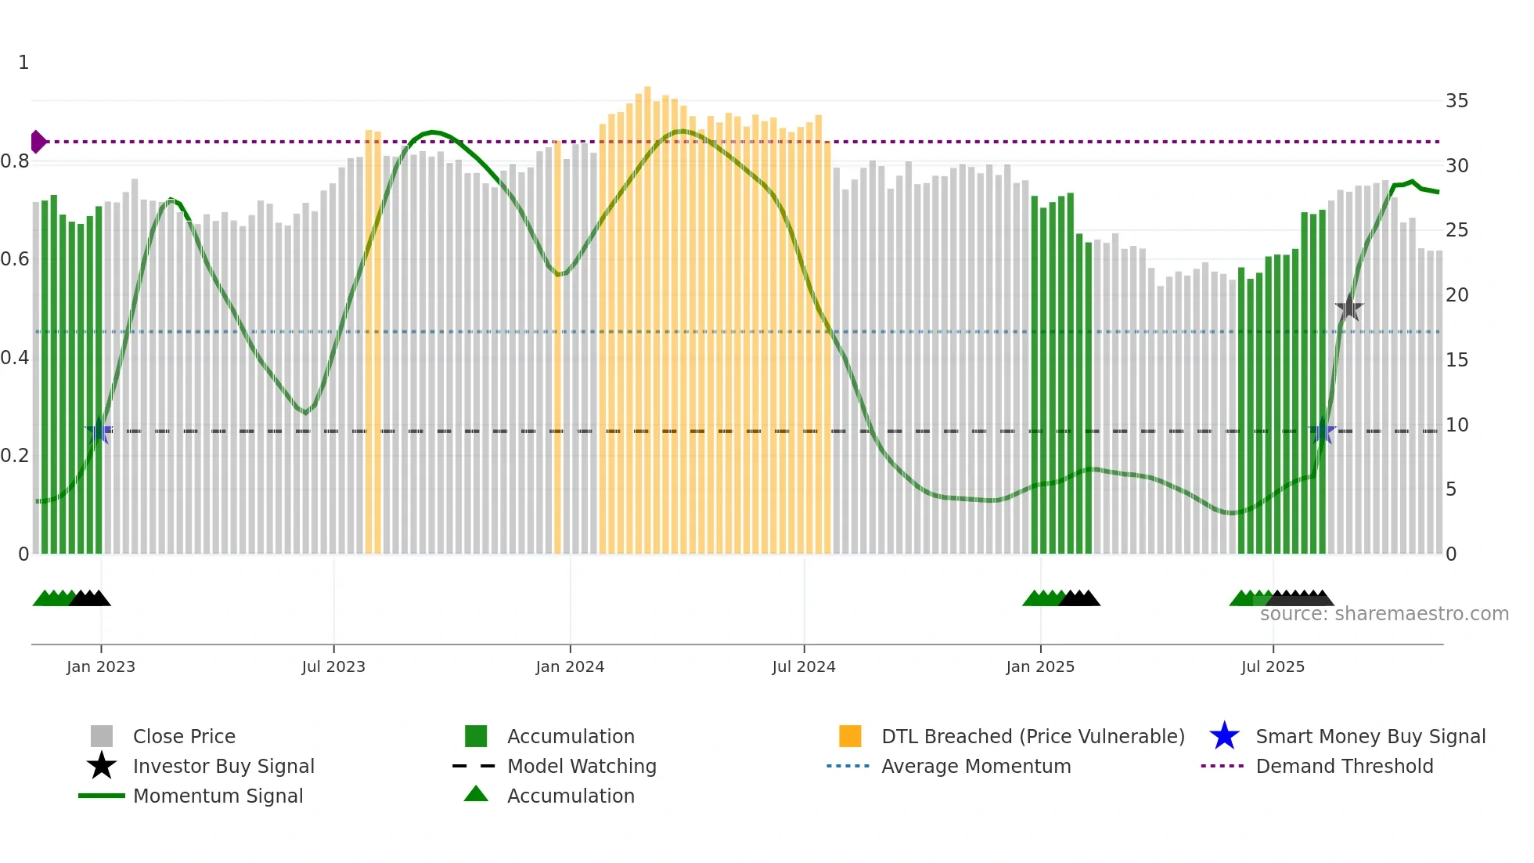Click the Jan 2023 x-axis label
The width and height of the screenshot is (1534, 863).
(x=101, y=666)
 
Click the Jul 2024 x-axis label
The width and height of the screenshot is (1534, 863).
(x=804, y=666)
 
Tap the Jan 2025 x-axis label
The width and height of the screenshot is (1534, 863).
(x=1040, y=666)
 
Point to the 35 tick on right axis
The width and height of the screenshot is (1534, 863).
(x=1457, y=101)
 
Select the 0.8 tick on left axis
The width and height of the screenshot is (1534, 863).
(x=15, y=161)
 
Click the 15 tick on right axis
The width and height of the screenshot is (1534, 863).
(x=1457, y=360)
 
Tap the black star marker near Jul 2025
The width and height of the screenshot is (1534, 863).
(x=1349, y=308)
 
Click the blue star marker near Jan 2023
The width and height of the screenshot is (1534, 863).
(x=99, y=431)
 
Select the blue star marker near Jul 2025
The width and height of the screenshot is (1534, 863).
(x=1323, y=431)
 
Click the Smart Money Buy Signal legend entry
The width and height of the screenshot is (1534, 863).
(x=1370, y=736)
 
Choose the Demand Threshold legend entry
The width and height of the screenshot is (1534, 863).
(x=1344, y=766)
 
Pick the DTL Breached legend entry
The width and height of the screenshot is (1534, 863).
(x=1032, y=736)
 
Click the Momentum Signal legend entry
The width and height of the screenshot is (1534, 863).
(x=218, y=796)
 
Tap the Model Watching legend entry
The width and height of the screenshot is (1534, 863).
(x=581, y=766)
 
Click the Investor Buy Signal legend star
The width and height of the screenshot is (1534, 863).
(x=102, y=766)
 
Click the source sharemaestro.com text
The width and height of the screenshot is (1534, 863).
(x=1384, y=614)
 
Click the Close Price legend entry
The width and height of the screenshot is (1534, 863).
(x=183, y=736)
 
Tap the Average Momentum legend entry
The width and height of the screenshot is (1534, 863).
(x=975, y=766)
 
